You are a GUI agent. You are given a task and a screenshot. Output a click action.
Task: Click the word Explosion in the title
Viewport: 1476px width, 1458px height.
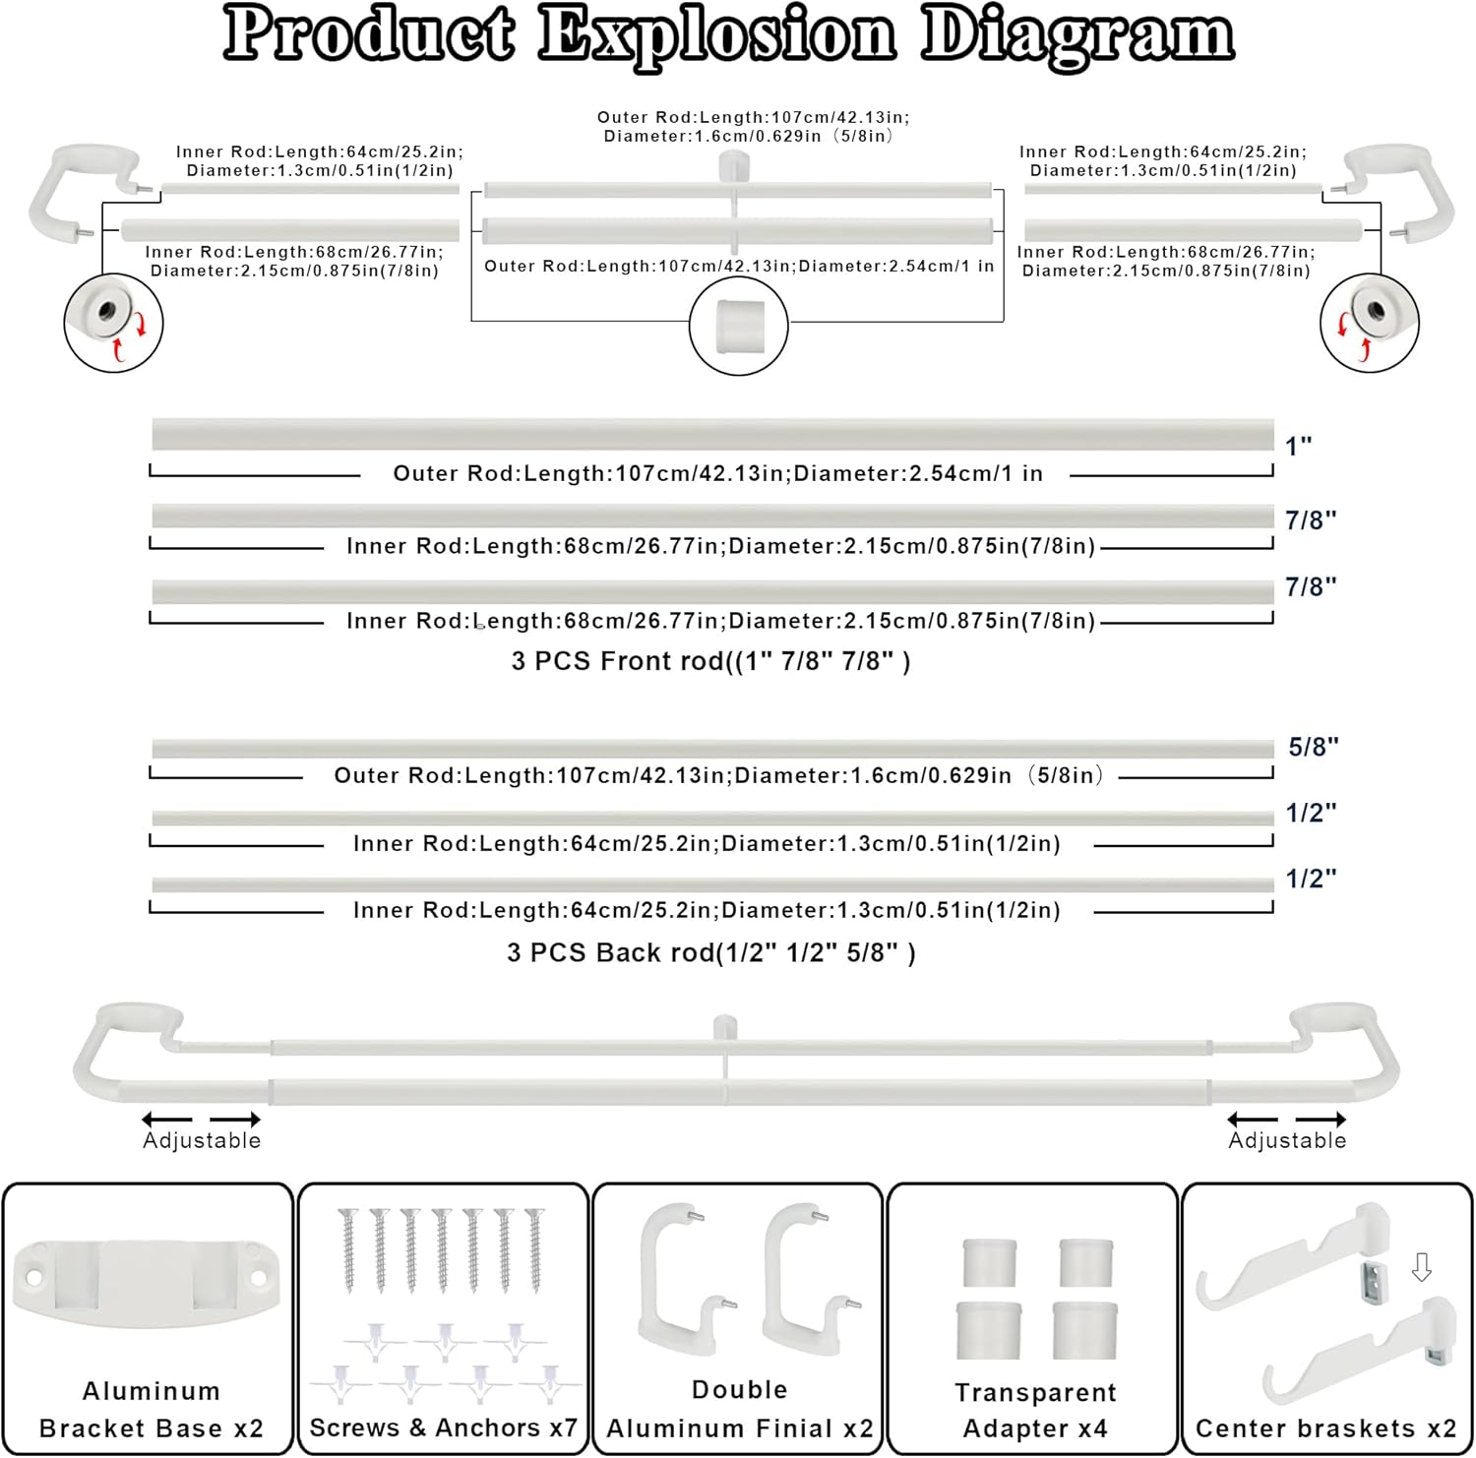(x=716, y=35)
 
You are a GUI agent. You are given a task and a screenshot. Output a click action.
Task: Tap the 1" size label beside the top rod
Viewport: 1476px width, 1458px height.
(x=1298, y=446)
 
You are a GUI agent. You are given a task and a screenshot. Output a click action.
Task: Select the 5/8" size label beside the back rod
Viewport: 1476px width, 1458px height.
(x=1313, y=747)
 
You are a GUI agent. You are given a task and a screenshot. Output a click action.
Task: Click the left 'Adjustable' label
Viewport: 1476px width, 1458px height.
(x=202, y=1140)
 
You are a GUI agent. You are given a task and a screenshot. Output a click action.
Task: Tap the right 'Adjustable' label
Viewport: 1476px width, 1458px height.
(x=1287, y=1140)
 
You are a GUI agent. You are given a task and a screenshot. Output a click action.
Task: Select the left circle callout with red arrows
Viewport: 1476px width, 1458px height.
(x=113, y=322)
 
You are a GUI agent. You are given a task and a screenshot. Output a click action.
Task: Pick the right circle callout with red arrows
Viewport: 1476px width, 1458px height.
(x=1369, y=322)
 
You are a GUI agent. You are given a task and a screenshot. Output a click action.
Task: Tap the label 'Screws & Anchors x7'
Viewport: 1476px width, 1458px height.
(x=443, y=1428)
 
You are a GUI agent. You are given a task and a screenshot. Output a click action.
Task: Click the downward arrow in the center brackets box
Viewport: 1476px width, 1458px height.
(x=1421, y=1268)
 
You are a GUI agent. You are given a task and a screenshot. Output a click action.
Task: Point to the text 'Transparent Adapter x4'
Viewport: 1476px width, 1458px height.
(x=1035, y=1410)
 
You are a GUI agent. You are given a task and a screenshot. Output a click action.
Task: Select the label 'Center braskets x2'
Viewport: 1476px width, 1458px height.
(x=1325, y=1428)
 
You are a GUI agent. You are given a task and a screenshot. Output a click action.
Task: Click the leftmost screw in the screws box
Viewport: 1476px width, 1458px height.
(x=346, y=1249)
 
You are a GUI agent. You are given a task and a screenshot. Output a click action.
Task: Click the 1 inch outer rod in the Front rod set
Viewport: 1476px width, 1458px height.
(x=712, y=434)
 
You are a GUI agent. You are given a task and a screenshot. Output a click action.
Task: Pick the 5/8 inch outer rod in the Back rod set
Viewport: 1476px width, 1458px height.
(x=712, y=750)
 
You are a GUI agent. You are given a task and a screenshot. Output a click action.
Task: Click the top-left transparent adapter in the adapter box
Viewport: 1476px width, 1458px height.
(x=988, y=1262)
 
